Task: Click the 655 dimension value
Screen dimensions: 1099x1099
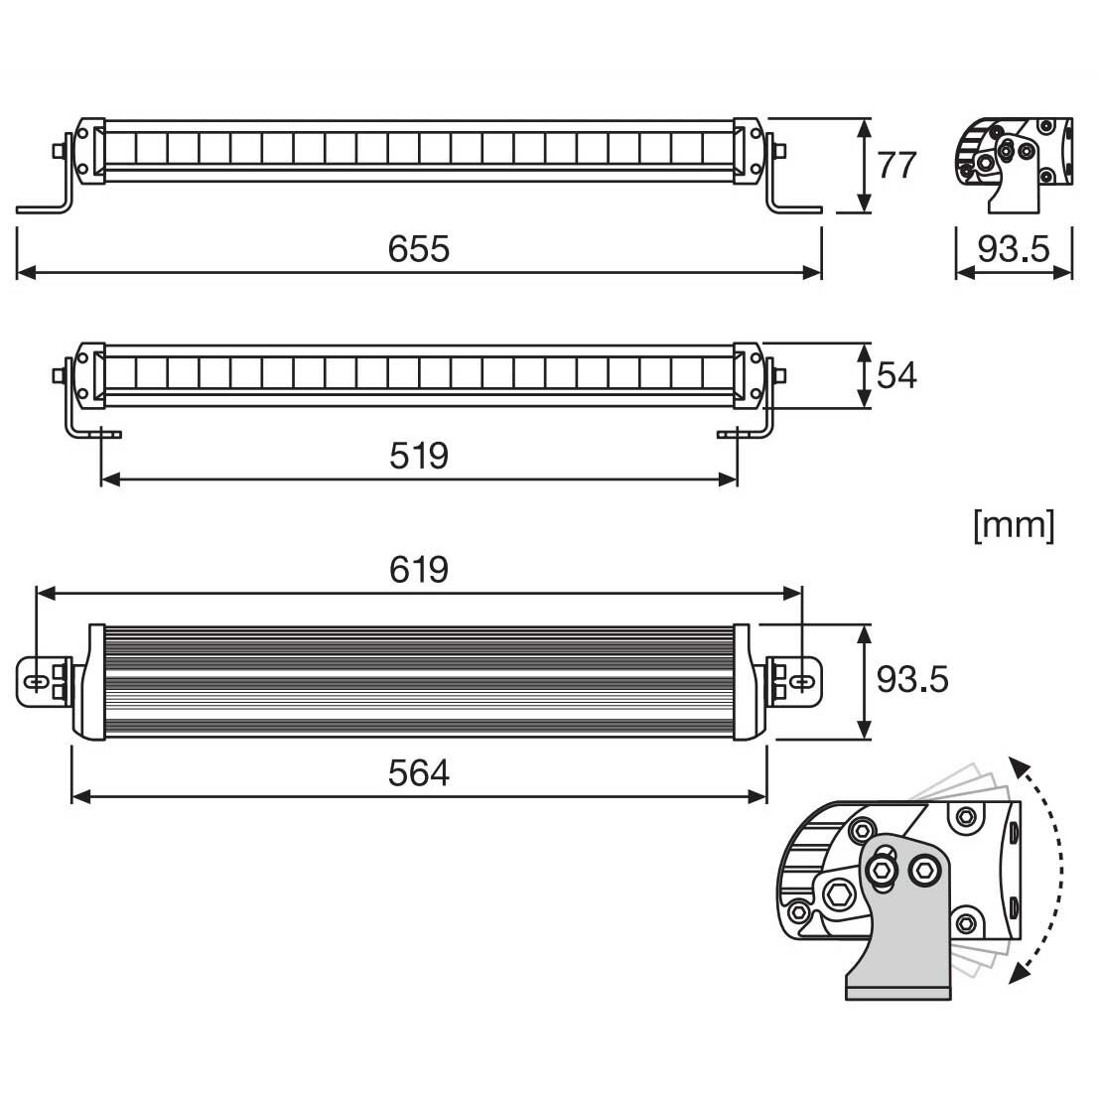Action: pos(418,248)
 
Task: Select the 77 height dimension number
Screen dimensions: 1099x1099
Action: pos(896,165)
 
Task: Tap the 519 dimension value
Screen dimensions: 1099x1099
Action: pos(418,456)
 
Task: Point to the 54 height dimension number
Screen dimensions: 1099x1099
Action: pos(896,375)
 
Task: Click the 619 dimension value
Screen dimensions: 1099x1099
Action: pos(418,569)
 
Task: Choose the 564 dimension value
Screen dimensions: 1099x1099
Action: pos(418,772)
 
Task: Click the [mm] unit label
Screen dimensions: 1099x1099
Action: pos(1014,524)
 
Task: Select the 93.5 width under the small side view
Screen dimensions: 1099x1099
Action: pos(1013,248)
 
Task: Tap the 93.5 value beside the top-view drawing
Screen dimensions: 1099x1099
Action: pos(911,680)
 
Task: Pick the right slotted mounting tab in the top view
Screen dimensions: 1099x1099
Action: pos(800,682)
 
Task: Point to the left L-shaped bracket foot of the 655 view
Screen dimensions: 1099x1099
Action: pos(45,208)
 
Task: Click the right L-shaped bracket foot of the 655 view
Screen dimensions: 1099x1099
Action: pos(794,208)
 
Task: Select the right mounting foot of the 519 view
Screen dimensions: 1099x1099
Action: pos(737,434)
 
